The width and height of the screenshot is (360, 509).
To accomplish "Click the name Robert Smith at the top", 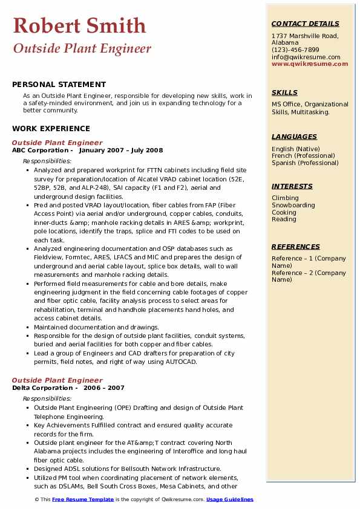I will [79, 25].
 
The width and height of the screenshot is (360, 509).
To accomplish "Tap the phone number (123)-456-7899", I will [295, 50].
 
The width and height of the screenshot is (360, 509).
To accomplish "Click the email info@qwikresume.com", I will [306, 57].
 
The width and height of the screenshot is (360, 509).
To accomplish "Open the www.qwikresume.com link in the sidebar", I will [310, 63].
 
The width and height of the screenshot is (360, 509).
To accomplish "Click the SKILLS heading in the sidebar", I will [284, 92].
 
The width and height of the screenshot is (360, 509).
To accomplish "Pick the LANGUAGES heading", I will [294, 137].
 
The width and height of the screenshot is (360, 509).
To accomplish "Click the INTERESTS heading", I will [292, 186].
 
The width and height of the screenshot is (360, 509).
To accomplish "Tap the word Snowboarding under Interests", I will [293, 205].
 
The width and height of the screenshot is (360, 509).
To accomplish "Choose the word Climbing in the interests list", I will [285, 198].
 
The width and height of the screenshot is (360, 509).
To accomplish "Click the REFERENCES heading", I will [295, 247].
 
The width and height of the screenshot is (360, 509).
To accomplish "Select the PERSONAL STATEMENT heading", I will [59, 85].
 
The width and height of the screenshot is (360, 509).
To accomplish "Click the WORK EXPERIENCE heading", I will [51, 129].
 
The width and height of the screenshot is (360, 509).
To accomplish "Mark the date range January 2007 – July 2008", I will [120, 151].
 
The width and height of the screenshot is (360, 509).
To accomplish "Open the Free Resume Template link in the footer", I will [82, 499].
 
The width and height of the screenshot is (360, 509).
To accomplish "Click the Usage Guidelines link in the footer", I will [229, 499].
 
